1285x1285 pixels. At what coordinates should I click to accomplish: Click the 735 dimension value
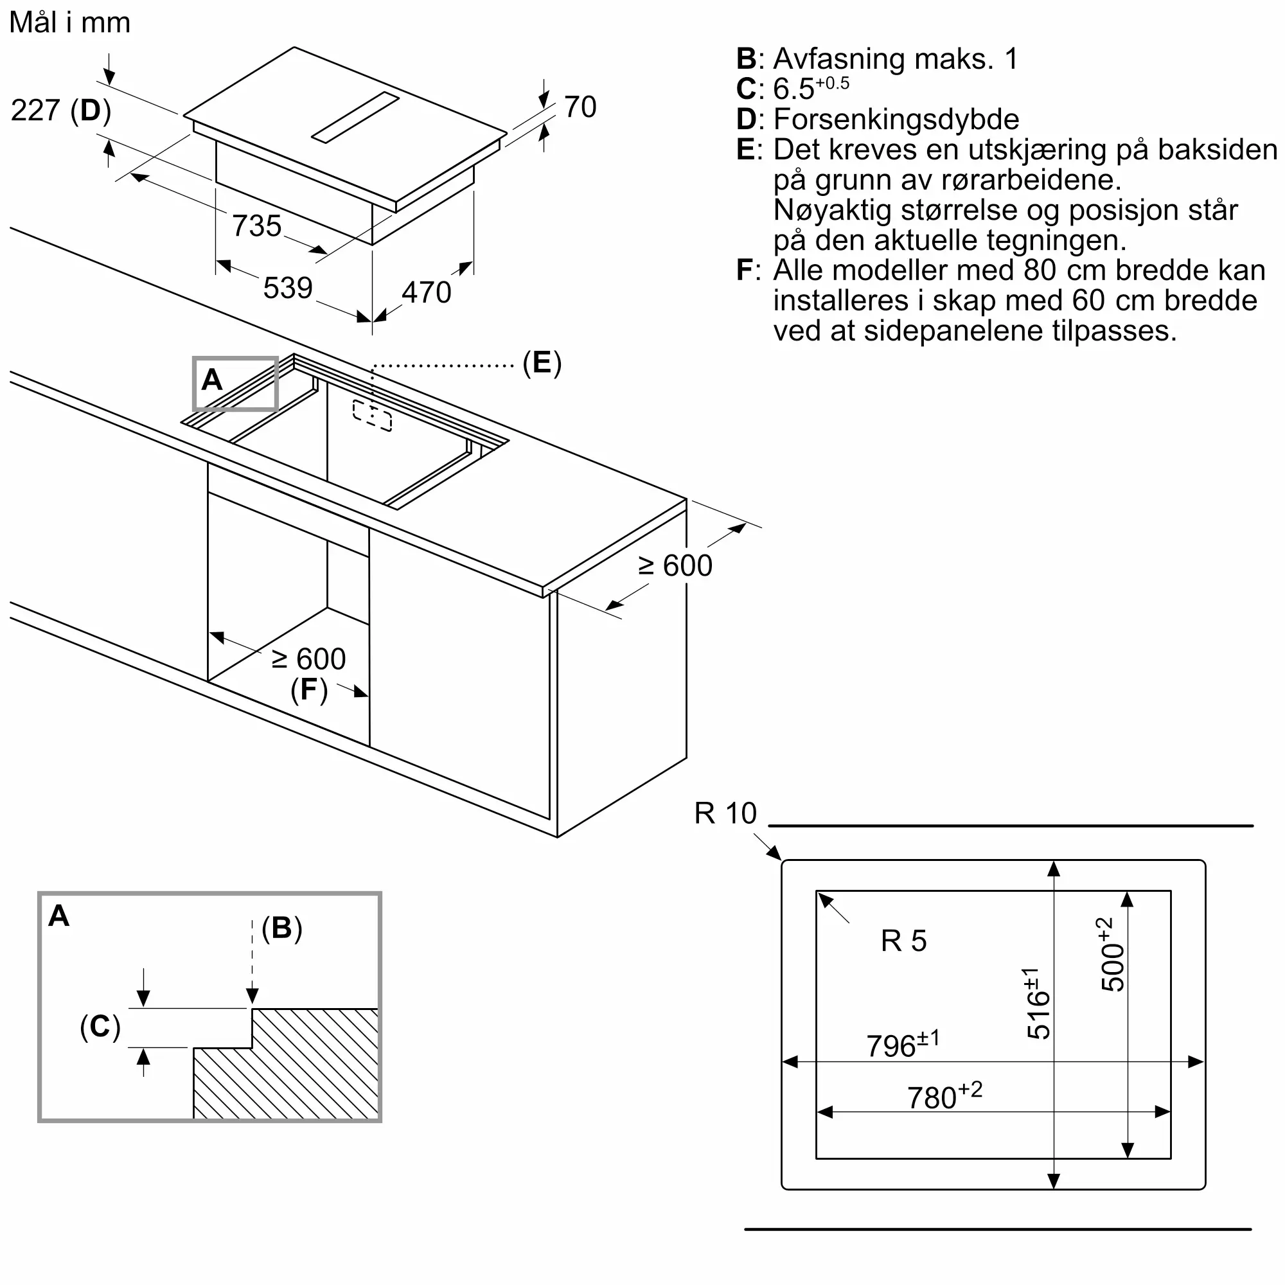257,226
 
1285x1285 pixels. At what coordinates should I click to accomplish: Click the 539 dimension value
288,288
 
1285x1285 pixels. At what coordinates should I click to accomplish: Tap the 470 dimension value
427,292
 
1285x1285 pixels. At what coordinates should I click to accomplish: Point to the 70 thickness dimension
581,107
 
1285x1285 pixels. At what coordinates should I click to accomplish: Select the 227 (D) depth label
61,111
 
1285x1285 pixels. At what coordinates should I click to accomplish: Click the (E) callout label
542,363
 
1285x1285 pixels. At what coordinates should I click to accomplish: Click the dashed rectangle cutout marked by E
373,416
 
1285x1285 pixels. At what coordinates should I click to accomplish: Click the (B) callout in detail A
282,928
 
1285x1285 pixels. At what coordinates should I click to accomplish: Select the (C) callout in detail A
100,1026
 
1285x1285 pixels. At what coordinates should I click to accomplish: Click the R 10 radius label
725,813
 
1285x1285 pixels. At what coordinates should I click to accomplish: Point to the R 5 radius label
904,941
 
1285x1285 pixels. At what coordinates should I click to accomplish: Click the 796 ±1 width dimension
903,1044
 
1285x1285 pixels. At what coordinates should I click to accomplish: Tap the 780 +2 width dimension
945,1096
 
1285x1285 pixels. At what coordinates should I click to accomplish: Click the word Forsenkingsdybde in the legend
896,120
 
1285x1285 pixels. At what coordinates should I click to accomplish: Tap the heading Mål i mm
70,22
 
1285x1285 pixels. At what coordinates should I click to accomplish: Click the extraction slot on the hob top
356,118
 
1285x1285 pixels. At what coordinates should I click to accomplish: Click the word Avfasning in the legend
839,59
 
